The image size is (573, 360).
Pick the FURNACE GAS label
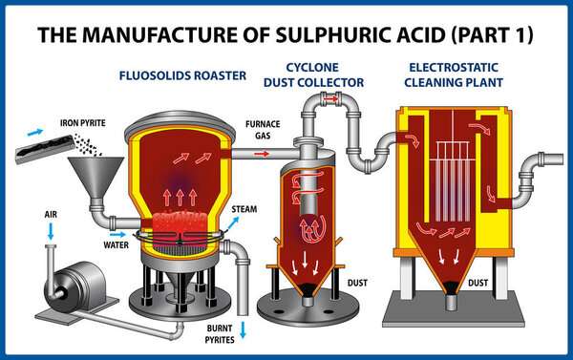pyautogui.click(x=262, y=130)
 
